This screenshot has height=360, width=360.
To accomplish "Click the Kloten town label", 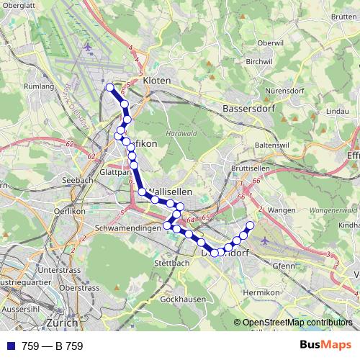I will (x=157, y=81).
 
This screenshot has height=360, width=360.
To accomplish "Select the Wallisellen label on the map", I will (x=171, y=192).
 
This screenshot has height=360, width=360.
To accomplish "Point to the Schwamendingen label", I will (x=126, y=228).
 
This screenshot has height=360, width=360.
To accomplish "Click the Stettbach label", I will (x=171, y=264).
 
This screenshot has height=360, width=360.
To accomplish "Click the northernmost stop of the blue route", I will (x=110, y=88).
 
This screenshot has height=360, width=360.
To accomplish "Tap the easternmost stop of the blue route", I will (x=251, y=226).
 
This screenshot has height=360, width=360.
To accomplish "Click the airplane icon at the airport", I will (x=88, y=48).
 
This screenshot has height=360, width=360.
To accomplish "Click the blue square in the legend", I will (x=9, y=346).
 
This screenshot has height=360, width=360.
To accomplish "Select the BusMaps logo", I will (x=325, y=346).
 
